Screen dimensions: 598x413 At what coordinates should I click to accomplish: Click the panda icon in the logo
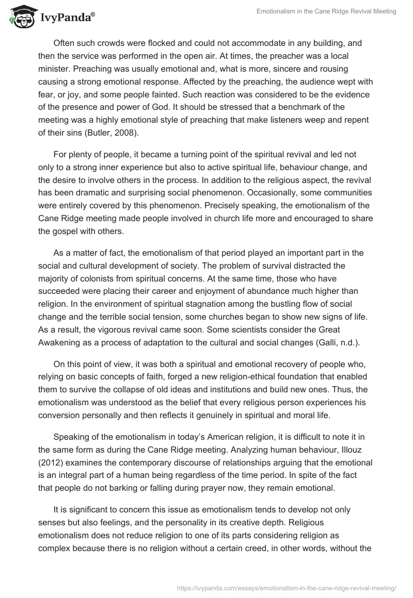20,17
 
